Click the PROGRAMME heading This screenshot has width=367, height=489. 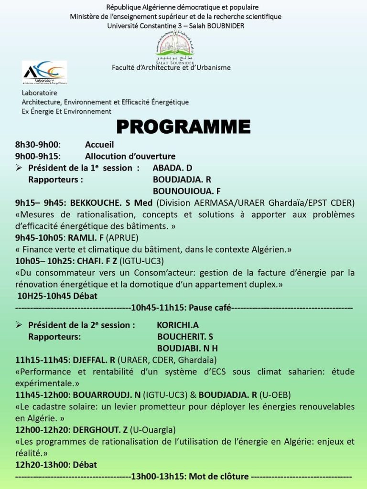pos(183,127)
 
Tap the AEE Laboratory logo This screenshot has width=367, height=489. pos(44,72)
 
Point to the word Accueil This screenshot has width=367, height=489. pos(99,145)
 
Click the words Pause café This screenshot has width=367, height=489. pos(210,308)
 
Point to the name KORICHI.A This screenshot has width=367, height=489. pos(178,325)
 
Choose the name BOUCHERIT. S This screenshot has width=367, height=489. pos(185,337)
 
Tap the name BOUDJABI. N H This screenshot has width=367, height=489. pos(187,348)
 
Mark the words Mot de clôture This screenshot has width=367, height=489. pos(219,476)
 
